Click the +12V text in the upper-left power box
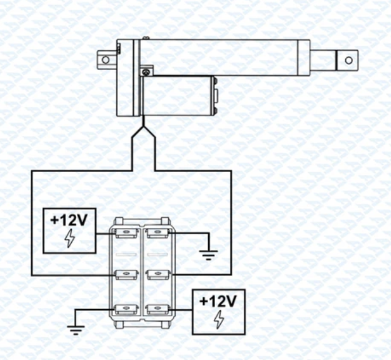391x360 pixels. click(x=69, y=220)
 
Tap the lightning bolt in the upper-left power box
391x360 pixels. click(x=69, y=239)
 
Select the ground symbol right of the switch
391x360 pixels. click(x=208, y=255)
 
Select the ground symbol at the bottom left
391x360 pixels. click(x=75, y=329)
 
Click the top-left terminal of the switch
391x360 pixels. click(x=126, y=233)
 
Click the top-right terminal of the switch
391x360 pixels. click(x=156, y=233)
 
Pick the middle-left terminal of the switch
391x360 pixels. click(x=126, y=274)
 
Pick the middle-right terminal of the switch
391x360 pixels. click(x=156, y=274)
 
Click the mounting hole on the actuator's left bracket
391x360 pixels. click(x=105, y=60)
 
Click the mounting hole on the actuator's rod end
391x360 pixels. click(x=347, y=60)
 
